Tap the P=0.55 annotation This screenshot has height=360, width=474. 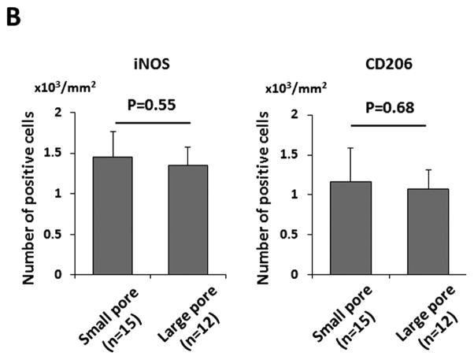click(x=151, y=104)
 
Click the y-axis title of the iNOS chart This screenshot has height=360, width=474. click(x=30, y=195)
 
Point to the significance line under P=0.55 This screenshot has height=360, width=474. click(x=152, y=123)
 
